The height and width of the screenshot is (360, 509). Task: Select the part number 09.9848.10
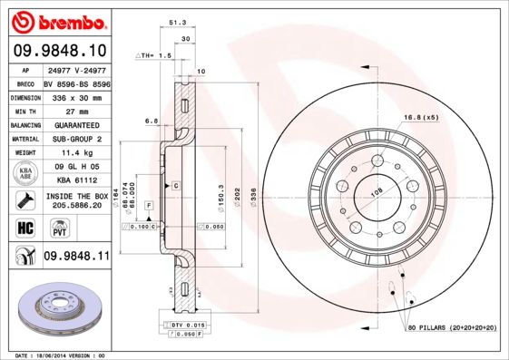60,51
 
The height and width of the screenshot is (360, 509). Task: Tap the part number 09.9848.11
76,257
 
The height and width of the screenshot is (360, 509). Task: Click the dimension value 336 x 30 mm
76,95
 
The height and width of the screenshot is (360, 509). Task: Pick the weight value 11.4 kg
76,153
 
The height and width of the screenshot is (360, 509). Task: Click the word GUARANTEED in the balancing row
76,124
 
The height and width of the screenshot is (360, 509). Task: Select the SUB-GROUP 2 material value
76,139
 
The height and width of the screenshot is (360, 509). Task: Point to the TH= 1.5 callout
155,56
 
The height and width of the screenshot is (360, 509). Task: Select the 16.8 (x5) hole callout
420,117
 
